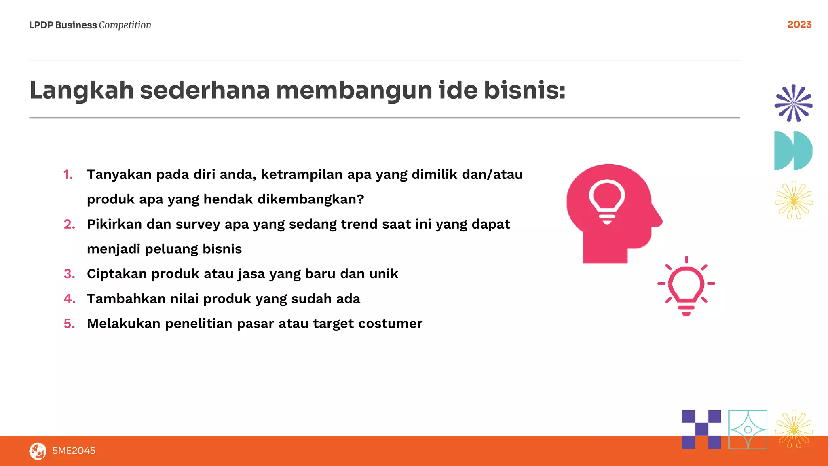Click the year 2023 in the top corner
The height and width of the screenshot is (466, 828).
(x=799, y=25)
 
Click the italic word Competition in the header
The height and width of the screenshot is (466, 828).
(x=125, y=25)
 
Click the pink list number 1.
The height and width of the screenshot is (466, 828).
(x=68, y=174)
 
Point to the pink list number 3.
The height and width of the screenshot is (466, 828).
(x=69, y=274)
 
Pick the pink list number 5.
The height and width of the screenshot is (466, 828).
(x=69, y=324)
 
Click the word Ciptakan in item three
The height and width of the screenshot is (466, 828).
(x=117, y=274)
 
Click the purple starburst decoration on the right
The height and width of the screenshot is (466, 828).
(x=793, y=103)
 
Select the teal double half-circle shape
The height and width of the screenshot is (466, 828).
(x=793, y=150)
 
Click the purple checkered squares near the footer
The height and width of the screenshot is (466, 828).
(x=701, y=429)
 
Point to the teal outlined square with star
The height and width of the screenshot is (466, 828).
(x=748, y=429)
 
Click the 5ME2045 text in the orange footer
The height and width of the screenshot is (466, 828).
(x=74, y=451)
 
